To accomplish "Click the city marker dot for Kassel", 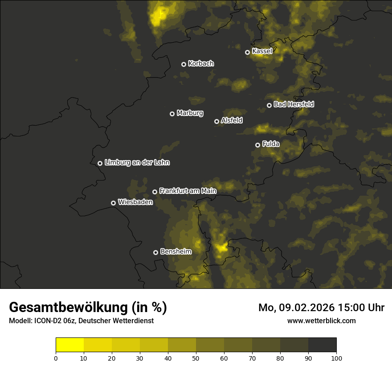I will (248, 52).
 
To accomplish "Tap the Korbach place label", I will (201, 64).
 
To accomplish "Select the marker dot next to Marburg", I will (172, 114).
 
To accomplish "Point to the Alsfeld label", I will (232, 120).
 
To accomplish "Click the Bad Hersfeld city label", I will (294, 104).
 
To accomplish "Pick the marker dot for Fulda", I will (257, 145).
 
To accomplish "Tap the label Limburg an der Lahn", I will (137, 163).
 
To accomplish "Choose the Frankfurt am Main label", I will (188, 191).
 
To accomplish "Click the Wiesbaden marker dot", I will (114, 203).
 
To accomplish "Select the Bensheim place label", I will (176, 251).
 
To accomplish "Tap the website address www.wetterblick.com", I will (321, 321).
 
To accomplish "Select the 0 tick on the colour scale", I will (56, 358).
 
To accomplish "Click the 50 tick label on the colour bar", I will (196, 358).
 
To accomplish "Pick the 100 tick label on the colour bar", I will (336, 358).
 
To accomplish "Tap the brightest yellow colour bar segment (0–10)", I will (69, 345).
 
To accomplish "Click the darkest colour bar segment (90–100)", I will (322, 345).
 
